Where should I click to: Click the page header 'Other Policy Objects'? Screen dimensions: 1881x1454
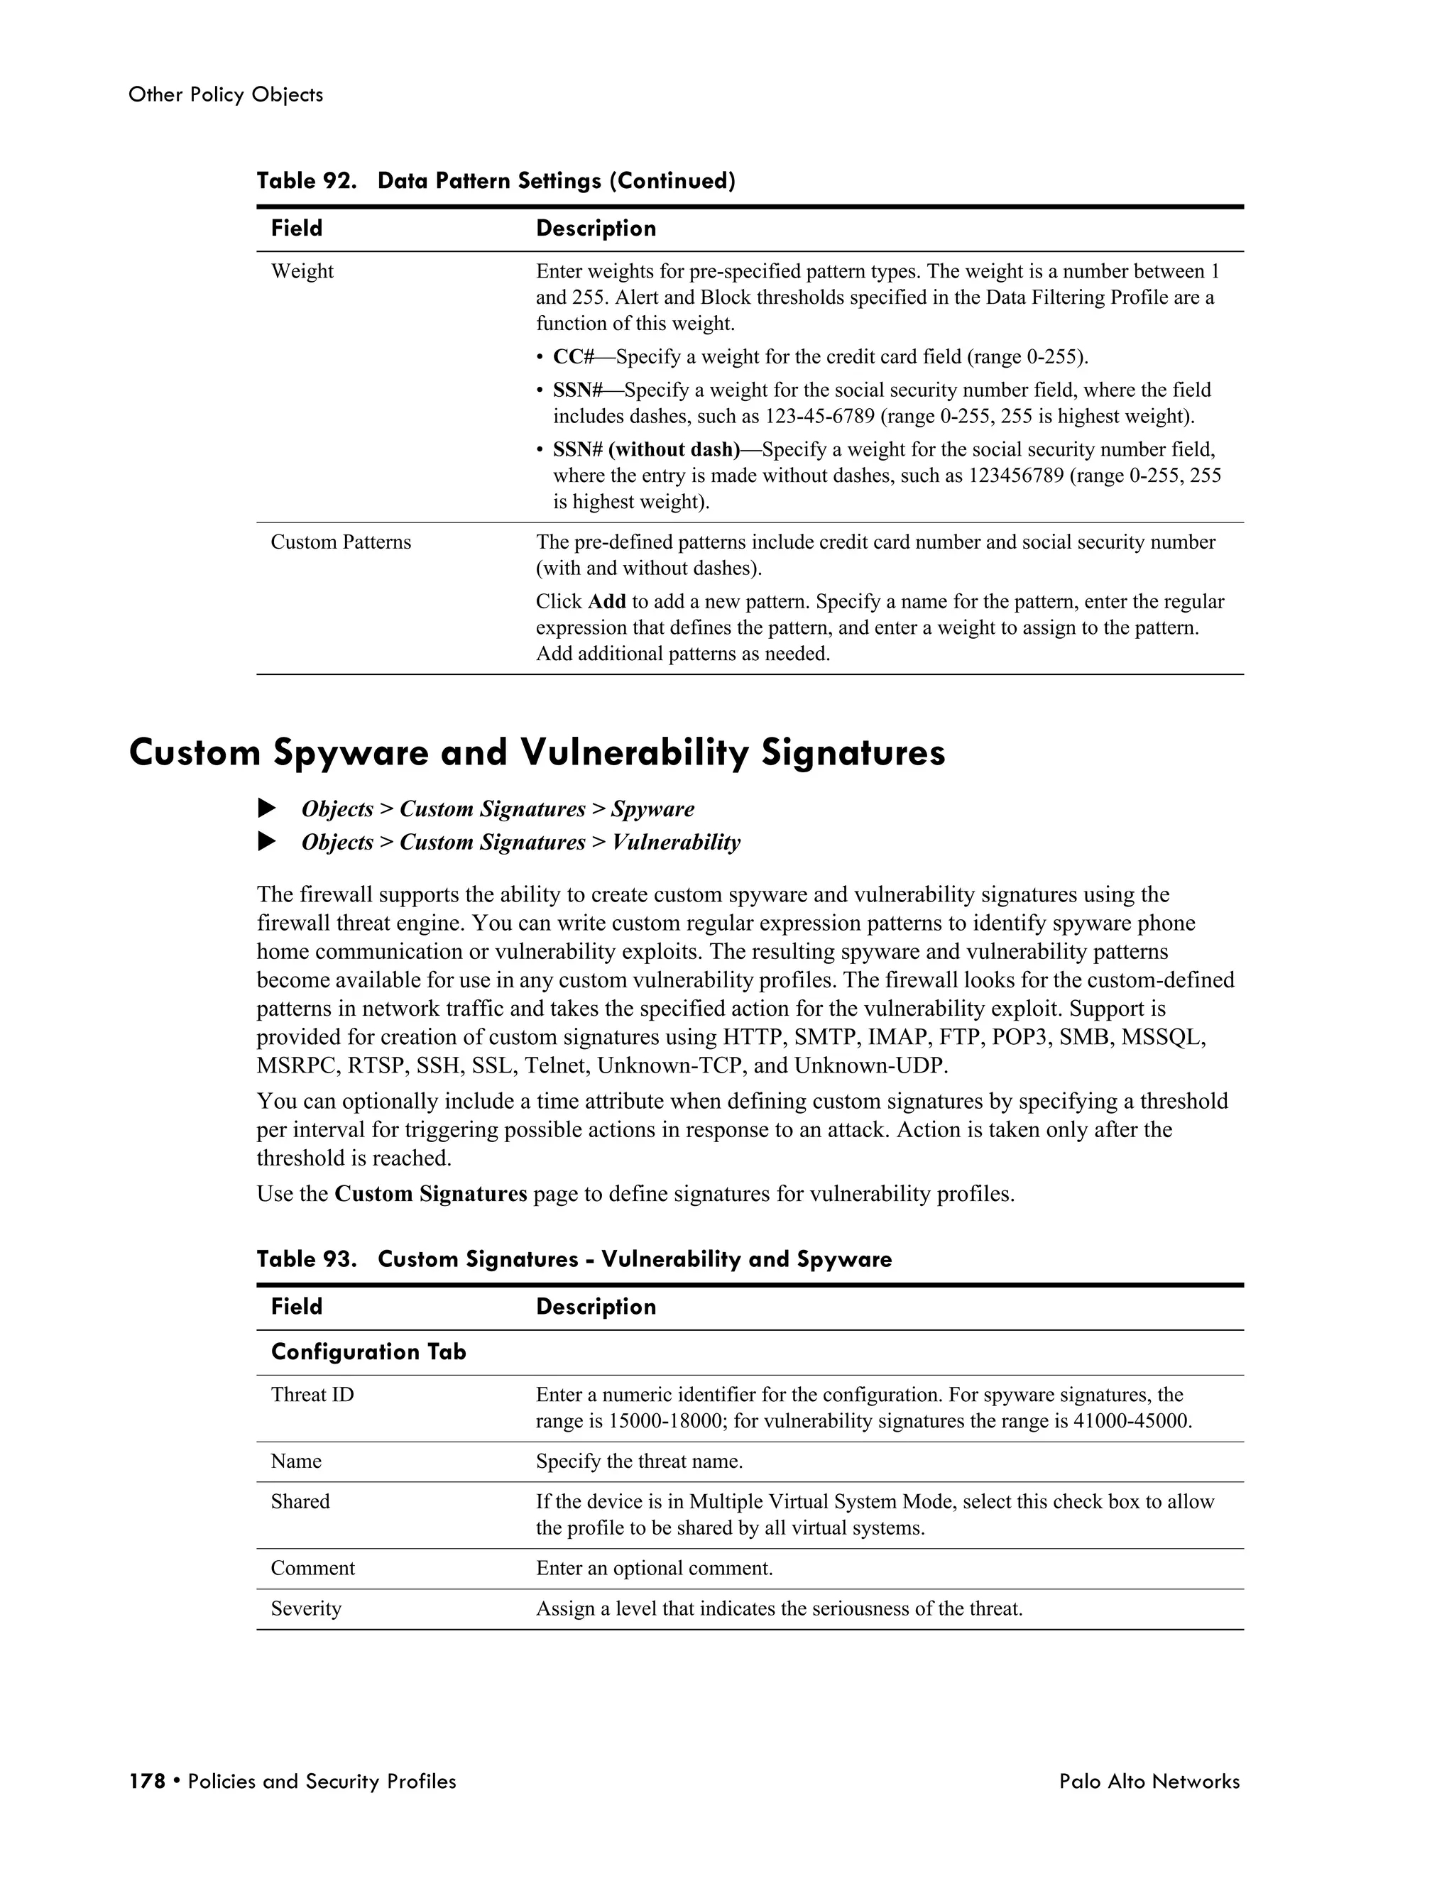tap(226, 94)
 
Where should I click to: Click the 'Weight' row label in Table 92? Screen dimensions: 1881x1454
tap(302, 271)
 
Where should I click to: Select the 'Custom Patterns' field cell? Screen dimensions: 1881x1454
tap(340, 542)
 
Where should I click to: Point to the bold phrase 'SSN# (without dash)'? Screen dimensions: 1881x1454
tap(646, 449)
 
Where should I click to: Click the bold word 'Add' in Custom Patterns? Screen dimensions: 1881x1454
tap(606, 601)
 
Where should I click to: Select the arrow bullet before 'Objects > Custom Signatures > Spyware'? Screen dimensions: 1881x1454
tap(267, 808)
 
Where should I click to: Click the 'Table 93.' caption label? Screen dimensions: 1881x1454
tap(306, 1259)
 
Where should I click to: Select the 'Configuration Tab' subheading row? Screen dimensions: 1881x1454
tap(368, 1352)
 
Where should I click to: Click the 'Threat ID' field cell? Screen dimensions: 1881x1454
tap(312, 1394)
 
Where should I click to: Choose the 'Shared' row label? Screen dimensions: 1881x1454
tap(300, 1501)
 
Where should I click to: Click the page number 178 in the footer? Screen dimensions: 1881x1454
tap(146, 1781)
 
